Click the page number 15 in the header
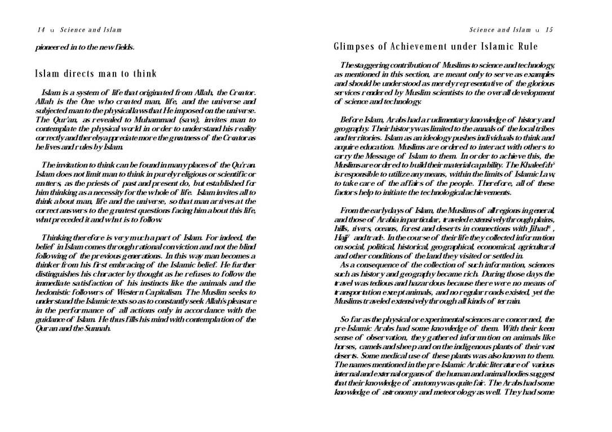[x=549, y=30]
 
